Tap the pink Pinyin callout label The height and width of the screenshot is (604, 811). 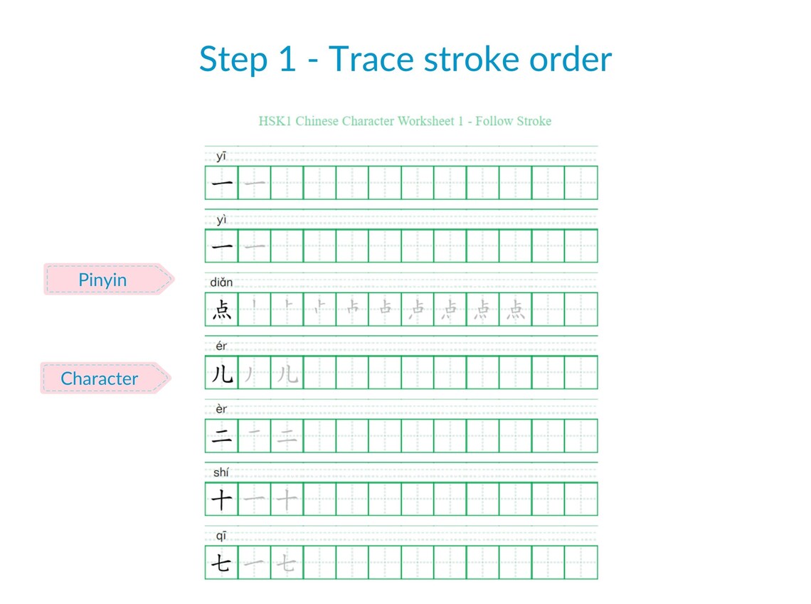coord(103,280)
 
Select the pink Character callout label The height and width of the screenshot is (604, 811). coord(100,378)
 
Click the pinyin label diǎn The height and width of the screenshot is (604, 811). coord(221,282)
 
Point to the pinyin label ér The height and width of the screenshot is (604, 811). coord(221,346)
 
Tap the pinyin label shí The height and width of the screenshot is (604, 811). coord(221,472)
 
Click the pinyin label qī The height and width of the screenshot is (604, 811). coord(221,535)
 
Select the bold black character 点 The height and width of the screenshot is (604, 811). coord(222,309)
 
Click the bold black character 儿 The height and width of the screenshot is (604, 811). coord(222,373)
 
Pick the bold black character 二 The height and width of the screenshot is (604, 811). coord(222,436)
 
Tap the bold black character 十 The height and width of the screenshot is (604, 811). coord(222,499)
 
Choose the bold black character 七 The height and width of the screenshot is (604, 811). coord(222,563)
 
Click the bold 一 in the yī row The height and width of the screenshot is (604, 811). coord(222,183)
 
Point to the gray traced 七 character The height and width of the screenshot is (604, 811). coord(287,563)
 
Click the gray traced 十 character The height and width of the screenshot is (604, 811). coord(287,499)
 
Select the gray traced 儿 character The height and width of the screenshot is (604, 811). coord(287,373)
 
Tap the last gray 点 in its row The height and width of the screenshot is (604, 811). coord(516,309)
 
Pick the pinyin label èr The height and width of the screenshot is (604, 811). coord(221,409)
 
